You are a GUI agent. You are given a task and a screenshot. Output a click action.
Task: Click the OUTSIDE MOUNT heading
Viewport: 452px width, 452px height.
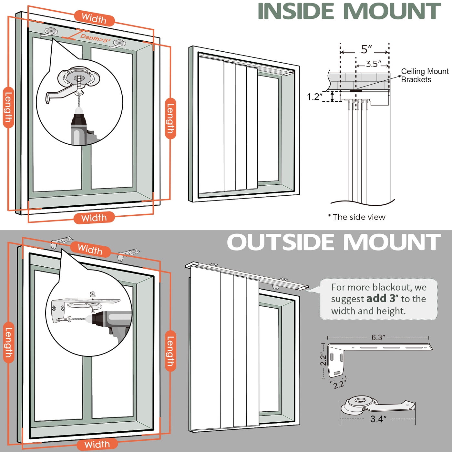[x=334, y=242]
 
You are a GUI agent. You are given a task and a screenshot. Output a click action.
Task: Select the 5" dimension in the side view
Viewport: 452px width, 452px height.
[x=366, y=49]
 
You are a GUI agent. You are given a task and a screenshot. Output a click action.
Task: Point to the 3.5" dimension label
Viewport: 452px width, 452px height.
[x=374, y=64]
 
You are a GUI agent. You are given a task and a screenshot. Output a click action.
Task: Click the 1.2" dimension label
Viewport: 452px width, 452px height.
[x=314, y=97]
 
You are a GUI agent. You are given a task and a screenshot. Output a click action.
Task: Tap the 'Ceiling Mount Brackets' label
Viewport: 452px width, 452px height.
[x=424, y=76]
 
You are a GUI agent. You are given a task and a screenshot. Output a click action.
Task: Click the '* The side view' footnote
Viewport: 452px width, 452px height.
[x=357, y=217]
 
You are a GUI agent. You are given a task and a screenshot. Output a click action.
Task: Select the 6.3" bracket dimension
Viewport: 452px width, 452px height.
[x=378, y=337]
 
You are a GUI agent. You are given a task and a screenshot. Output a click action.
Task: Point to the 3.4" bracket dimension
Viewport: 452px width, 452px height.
[x=378, y=419]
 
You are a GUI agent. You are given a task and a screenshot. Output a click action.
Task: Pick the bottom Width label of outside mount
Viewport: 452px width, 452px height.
[x=97, y=445]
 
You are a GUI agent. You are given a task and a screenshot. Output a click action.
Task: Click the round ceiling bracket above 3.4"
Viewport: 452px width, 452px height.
[x=360, y=404]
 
